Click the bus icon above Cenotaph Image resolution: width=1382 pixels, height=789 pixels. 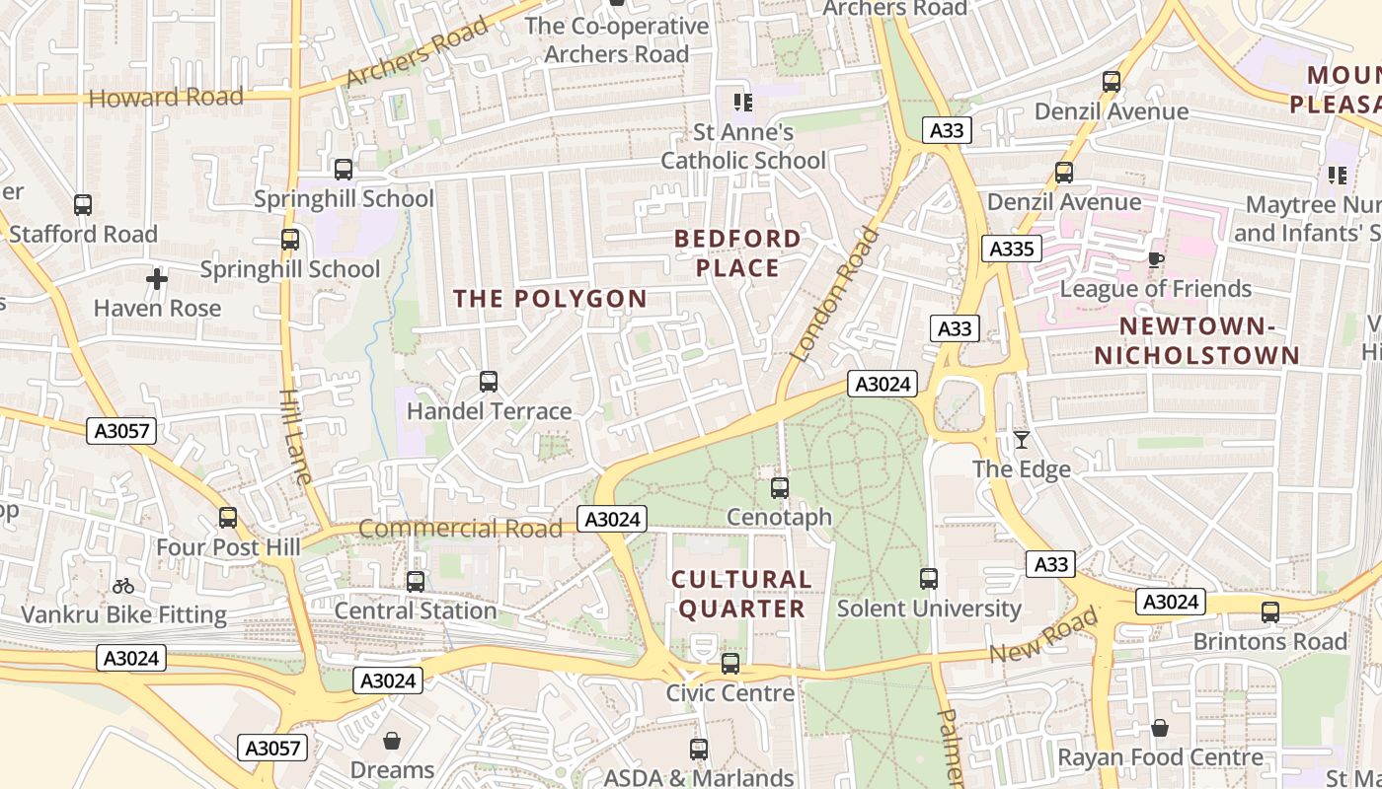[780, 487]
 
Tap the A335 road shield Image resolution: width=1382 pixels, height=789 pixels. [1011, 249]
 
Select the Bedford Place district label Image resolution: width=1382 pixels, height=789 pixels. [737, 252]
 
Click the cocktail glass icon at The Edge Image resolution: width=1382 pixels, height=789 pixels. [1022, 440]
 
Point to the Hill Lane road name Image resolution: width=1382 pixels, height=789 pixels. [295, 435]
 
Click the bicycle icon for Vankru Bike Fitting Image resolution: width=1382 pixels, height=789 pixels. [123, 586]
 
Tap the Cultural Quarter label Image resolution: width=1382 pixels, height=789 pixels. [741, 594]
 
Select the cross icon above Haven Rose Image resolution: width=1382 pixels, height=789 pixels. [156, 279]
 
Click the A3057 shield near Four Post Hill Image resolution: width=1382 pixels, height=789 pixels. [120, 430]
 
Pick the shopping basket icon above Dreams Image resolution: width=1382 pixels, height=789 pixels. [392, 740]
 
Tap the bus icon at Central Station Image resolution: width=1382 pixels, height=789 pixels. [416, 582]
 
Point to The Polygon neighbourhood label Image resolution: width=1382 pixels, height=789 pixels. [550, 299]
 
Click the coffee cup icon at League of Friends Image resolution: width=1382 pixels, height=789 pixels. [1156, 259]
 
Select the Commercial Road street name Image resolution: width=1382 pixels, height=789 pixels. [460, 529]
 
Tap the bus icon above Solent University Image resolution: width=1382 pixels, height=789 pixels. [929, 579]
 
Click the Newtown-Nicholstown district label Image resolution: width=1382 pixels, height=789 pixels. [1195, 340]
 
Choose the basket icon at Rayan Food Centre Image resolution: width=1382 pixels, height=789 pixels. [1160, 728]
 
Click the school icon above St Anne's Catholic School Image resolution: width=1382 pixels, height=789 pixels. [743, 102]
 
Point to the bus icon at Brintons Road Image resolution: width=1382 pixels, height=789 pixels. [1270, 612]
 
